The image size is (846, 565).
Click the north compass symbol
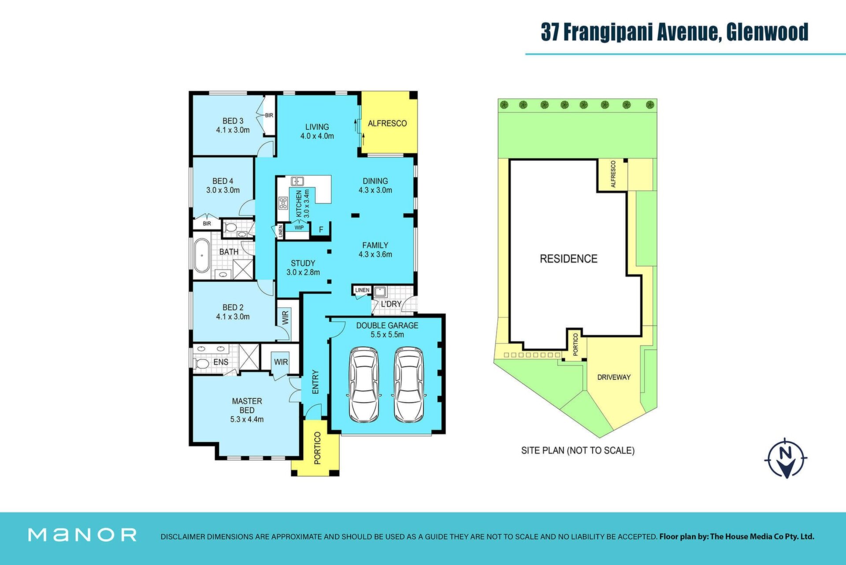coord(786,458)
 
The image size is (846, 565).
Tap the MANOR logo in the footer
coord(82,535)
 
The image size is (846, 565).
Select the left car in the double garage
coord(364,384)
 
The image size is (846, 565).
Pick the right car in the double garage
coord(409,384)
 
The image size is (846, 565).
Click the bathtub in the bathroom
coord(202,255)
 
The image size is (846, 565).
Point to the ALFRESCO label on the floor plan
coord(387,124)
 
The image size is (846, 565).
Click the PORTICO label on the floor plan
coord(317,448)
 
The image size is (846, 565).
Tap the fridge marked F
coord(321,229)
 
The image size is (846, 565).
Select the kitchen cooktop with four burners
coord(283,203)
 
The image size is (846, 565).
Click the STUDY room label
coord(303,263)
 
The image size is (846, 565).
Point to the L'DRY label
coord(391,304)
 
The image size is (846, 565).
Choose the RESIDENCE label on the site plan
coord(568,259)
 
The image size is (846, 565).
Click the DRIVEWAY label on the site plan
coord(614,377)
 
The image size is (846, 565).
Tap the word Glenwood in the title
coord(767,32)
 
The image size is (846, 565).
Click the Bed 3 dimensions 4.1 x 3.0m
coord(233,130)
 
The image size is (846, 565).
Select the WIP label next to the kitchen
coord(299,228)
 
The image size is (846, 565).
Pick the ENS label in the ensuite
coord(221,362)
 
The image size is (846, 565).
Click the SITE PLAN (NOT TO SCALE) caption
coord(578,451)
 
